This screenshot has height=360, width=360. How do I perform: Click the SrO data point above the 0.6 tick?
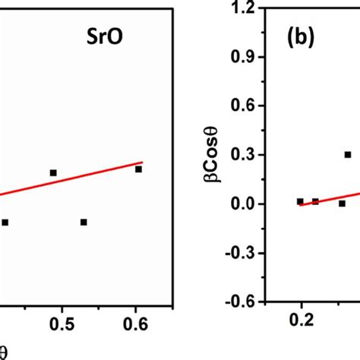click(138, 169)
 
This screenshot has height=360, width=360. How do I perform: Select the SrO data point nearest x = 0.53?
click(84, 222)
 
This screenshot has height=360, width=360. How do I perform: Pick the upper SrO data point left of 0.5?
click(53, 172)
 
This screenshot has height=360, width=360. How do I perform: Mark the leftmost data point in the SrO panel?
click(5, 222)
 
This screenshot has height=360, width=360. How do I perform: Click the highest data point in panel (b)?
click(347, 154)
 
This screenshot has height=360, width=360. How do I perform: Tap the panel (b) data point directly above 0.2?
click(300, 201)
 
